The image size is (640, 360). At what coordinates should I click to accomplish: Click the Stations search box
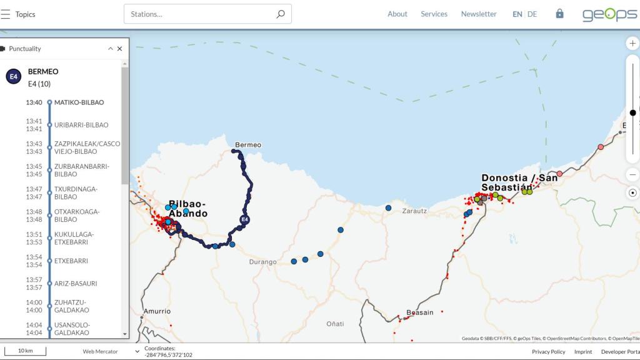tap(200, 14)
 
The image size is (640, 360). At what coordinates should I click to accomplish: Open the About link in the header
tap(397, 14)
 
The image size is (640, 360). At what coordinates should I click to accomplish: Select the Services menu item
tap(434, 14)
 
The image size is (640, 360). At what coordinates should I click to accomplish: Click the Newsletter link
tap(479, 14)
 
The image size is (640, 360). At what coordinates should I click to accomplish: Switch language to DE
tap(532, 14)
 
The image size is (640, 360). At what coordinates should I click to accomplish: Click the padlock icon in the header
tap(559, 14)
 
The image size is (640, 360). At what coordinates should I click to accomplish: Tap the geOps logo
tap(609, 14)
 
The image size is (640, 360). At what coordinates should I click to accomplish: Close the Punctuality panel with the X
tap(119, 49)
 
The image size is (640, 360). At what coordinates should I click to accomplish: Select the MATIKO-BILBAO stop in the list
tap(79, 102)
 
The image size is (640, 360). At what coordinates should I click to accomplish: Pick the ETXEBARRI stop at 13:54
tap(71, 261)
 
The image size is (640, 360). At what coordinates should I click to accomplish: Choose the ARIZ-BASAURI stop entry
tap(76, 284)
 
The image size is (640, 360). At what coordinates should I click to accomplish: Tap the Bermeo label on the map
tap(248, 145)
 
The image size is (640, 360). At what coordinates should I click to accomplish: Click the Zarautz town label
tap(414, 211)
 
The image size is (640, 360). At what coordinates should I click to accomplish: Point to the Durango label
tap(262, 262)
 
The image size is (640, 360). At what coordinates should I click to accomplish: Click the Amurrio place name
tap(157, 311)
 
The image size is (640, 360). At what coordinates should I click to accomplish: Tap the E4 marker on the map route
tap(245, 219)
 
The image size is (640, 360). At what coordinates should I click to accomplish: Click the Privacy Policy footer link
tap(548, 352)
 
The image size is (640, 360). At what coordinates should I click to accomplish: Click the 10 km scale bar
tap(25, 351)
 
